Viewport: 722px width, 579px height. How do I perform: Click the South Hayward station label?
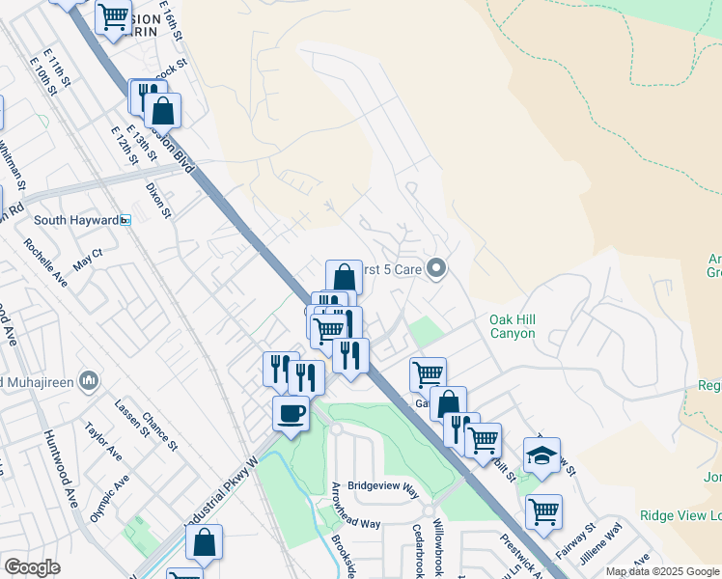coord(76,220)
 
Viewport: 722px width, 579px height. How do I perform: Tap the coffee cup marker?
coord(291,415)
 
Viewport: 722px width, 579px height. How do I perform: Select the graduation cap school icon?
coord(541,456)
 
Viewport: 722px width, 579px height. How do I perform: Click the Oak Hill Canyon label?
coord(525,326)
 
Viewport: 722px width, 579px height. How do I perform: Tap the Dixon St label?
coord(157,199)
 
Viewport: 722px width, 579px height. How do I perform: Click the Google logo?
coord(32,567)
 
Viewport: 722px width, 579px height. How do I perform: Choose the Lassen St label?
coord(128,418)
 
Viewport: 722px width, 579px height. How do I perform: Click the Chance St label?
coord(158,430)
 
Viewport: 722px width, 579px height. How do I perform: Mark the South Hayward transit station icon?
coord(125,220)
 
